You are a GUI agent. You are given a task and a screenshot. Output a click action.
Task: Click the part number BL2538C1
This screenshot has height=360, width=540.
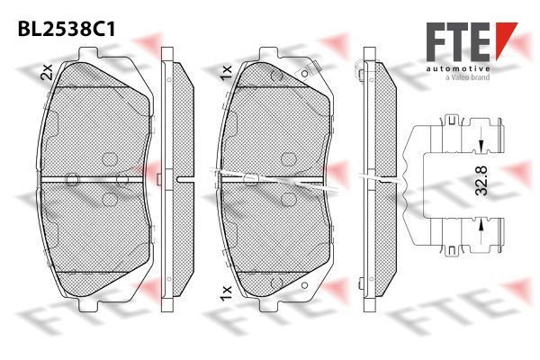point(67,30)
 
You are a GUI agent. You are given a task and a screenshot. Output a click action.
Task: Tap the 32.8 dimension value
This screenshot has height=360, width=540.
point(481,181)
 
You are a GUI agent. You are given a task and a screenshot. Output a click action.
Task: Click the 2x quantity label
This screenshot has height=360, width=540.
point(47,72)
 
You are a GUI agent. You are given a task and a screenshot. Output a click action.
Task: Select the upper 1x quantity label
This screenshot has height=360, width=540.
point(226,73)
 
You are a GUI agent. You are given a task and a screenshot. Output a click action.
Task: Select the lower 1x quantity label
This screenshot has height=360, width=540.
point(226,292)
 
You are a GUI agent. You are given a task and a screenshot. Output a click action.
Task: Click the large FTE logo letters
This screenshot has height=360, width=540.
point(458,42)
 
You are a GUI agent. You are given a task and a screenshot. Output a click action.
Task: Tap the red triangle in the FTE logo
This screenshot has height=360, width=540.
point(505,38)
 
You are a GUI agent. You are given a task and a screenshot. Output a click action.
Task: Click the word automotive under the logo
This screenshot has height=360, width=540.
point(458,69)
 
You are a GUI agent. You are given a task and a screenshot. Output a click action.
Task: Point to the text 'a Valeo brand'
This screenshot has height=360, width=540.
point(467,77)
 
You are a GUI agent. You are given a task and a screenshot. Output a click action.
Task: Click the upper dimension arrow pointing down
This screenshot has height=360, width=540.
point(481,146)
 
